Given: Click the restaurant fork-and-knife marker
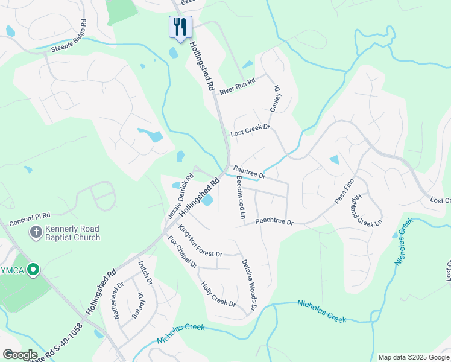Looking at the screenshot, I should point(180,27).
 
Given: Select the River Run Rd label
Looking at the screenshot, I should point(238,86).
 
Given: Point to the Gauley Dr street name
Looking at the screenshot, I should point(276,98).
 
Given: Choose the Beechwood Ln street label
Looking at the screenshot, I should point(241,198).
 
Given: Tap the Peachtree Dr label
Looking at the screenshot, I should point(274,222).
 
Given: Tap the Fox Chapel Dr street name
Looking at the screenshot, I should point(182,252).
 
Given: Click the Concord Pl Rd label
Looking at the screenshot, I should point(30,215).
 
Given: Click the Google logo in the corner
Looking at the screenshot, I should point(20,355).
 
